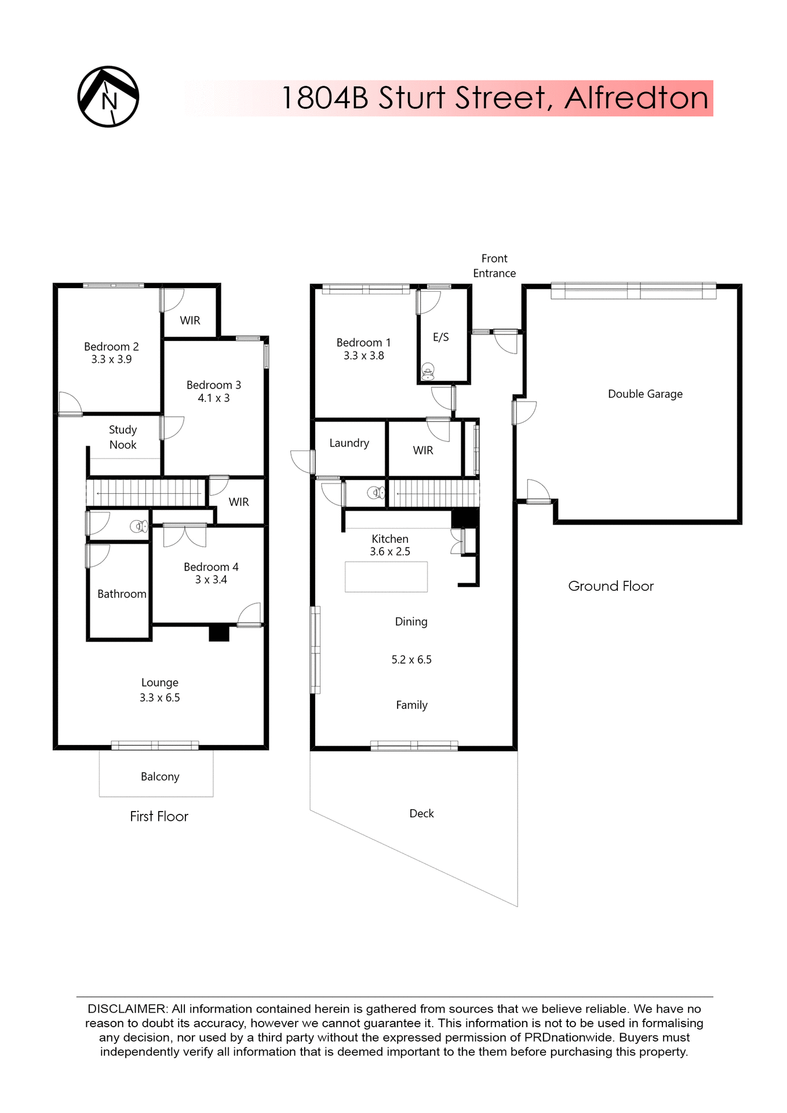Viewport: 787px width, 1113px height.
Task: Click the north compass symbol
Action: (x=108, y=97)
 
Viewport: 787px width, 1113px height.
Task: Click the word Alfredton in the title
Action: (x=636, y=98)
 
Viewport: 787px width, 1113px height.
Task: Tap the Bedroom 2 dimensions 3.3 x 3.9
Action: (x=111, y=359)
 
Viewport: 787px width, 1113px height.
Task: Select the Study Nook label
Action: (x=123, y=437)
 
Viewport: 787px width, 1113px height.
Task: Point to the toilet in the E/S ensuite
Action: (x=428, y=371)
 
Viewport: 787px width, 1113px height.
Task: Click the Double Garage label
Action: (x=645, y=394)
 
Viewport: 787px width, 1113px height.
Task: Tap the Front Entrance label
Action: (x=494, y=265)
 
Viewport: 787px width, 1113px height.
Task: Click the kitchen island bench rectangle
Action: (x=386, y=577)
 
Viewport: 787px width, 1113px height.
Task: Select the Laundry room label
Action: (x=349, y=443)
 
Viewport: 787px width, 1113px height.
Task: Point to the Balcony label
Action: (x=160, y=777)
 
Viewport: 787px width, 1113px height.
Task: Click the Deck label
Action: (x=421, y=814)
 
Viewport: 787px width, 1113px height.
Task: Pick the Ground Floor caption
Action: (x=610, y=586)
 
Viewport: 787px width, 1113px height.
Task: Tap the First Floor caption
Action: (x=159, y=817)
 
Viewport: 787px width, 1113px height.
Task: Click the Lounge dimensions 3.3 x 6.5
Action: (x=159, y=698)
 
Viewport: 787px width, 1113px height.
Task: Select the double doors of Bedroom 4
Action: (x=184, y=536)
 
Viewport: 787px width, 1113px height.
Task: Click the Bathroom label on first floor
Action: (x=122, y=594)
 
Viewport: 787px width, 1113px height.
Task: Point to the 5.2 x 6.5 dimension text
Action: (x=411, y=660)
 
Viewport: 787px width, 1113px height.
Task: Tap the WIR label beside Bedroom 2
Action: (x=190, y=321)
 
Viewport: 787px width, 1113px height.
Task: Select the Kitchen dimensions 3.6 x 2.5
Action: (x=390, y=552)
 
